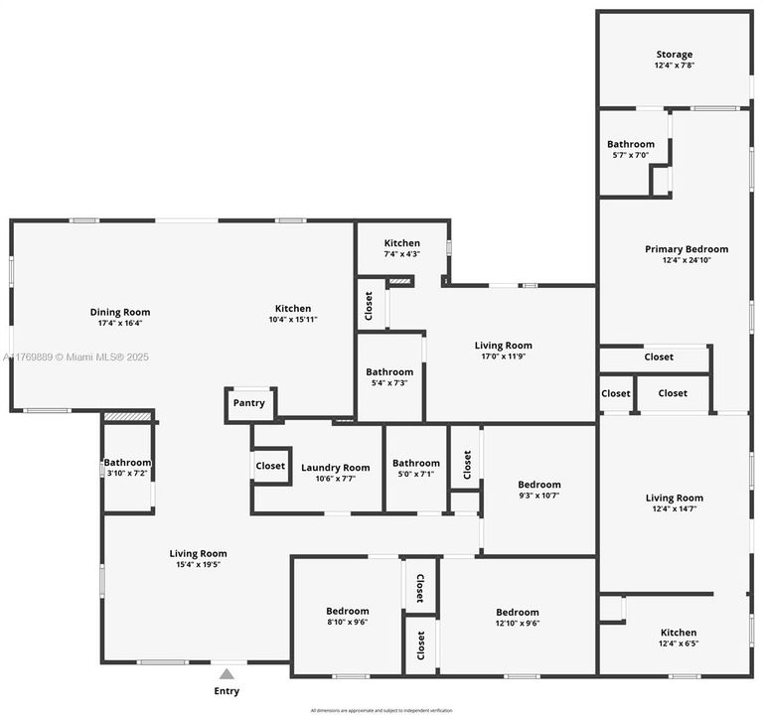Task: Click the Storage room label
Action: (x=674, y=55)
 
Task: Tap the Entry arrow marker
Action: (x=227, y=674)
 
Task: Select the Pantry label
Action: (x=248, y=403)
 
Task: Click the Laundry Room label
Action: (x=335, y=468)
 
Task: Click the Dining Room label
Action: (x=120, y=312)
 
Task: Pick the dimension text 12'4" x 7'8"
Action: (x=674, y=66)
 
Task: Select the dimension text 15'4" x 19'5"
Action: (x=198, y=565)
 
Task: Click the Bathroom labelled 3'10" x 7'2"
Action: (x=127, y=462)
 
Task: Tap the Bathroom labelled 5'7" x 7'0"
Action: (x=631, y=144)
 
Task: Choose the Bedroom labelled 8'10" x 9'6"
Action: (x=347, y=611)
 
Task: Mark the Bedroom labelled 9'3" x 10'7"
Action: (x=539, y=485)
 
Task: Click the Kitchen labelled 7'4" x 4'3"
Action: (x=401, y=243)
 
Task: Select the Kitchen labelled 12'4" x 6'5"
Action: (x=679, y=633)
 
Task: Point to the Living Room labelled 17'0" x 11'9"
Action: (x=504, y=346)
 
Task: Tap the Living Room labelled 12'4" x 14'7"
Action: (x=674, y=499)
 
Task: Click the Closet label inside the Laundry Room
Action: (x=270, y=466)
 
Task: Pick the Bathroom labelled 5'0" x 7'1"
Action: (x=415, y=463)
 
